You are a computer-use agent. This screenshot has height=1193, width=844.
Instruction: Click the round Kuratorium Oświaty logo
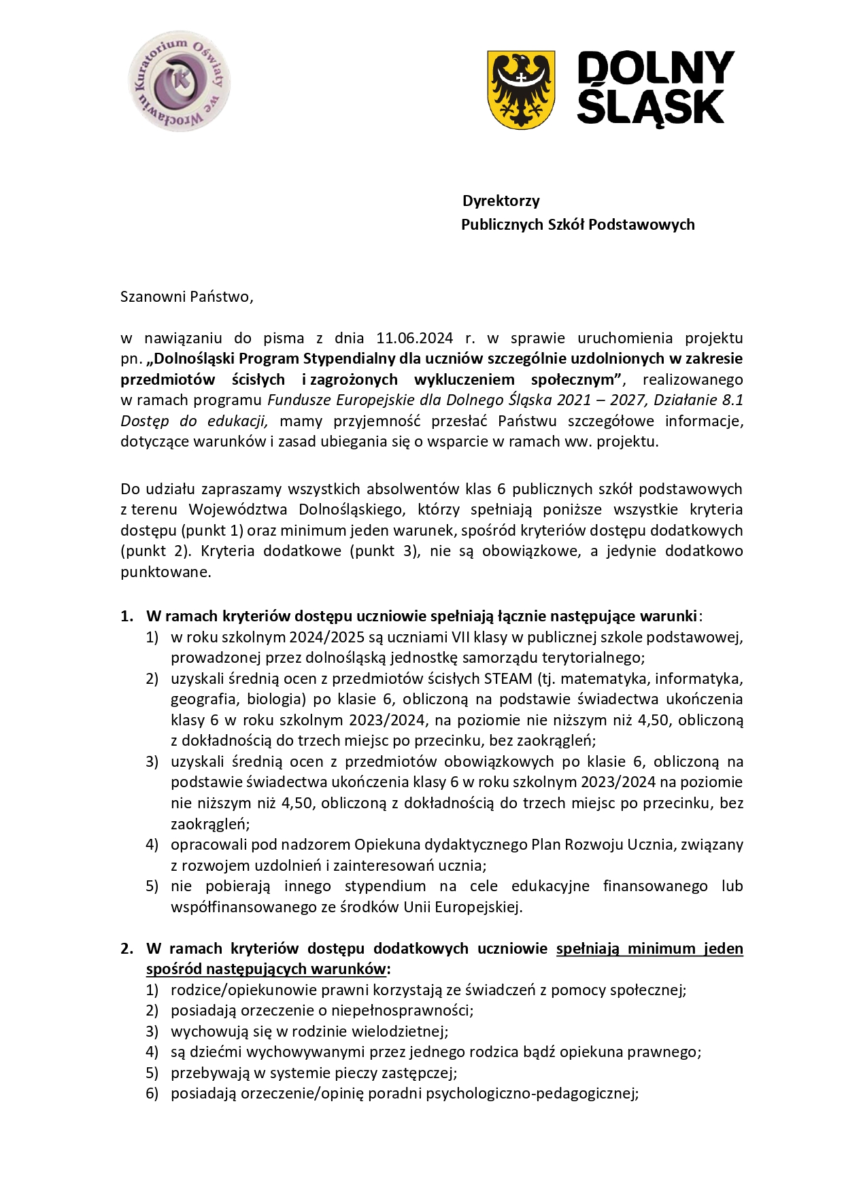tap(179, 81)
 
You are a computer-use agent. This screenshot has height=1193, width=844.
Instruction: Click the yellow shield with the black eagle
tap(521, 89)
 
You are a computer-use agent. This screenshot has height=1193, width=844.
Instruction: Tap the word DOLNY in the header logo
tap(655, 69)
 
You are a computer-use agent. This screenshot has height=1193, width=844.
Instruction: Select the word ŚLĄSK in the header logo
tap(650, 107)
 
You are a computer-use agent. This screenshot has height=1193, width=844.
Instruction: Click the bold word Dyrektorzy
tap(501, 201)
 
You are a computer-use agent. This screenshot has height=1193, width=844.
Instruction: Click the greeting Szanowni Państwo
tap(186, 296)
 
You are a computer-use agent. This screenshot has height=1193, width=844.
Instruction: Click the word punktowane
tap(165, 572)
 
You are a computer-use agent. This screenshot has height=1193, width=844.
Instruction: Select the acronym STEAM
tap(507, 678)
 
